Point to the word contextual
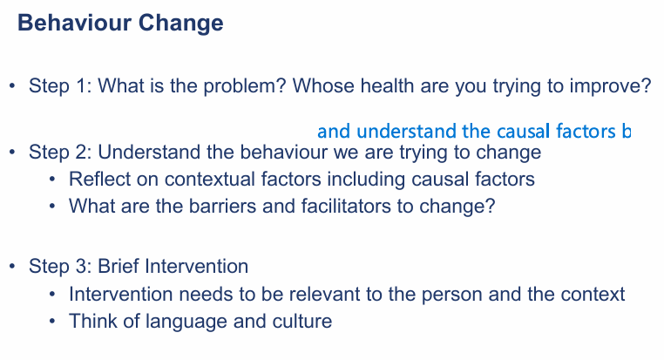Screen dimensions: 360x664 pos(199,180)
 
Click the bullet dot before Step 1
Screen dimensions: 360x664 pos(12,87)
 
